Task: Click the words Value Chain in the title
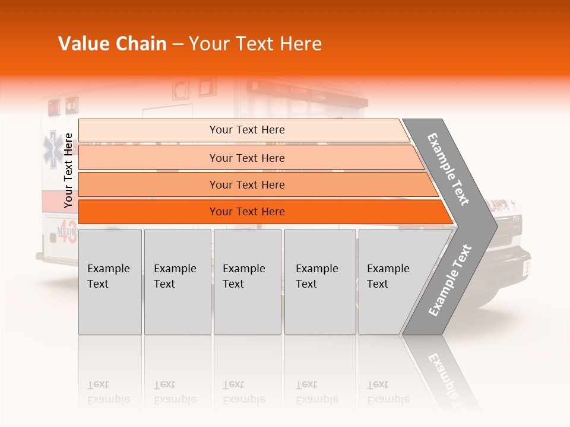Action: click(112, 44)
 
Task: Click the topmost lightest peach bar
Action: click(246, 130)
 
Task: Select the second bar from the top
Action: click(246, 158)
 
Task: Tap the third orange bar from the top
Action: click(246, 184)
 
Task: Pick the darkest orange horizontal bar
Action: click(246, 212)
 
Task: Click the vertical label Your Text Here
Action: click(68, 170)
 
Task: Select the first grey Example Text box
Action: click(110, 281)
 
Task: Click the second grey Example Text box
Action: click(177, 281)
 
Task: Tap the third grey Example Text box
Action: click(247, 281)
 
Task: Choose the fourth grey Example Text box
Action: click(319, 281)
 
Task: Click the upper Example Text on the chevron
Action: click(448, 170)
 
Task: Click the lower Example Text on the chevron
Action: click(450, 280)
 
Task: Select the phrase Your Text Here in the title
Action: click(255, 44)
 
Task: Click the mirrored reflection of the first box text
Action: click(109, 392)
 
